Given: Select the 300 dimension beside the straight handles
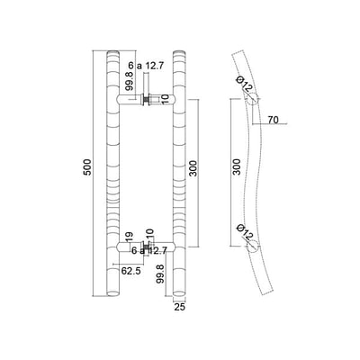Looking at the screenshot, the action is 193,168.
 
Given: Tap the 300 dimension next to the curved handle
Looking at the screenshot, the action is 237,166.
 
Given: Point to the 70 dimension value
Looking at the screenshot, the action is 273,120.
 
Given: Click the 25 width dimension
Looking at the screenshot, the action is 179,307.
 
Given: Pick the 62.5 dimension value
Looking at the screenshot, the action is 130,271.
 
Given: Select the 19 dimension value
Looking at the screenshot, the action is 129,237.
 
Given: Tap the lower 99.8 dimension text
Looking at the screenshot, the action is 160,274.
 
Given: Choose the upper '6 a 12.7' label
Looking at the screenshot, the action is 146,66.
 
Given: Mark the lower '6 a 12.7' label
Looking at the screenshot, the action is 149,250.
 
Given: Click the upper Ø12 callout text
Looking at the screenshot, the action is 245,85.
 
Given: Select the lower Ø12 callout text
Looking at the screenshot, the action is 245,232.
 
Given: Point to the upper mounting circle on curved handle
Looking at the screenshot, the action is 252,99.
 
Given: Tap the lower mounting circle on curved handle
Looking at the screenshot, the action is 252,247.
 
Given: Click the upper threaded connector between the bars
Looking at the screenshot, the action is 146,100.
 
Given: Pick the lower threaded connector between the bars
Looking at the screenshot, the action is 146,247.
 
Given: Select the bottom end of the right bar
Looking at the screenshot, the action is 179,292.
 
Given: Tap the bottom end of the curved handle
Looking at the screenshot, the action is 266,292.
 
